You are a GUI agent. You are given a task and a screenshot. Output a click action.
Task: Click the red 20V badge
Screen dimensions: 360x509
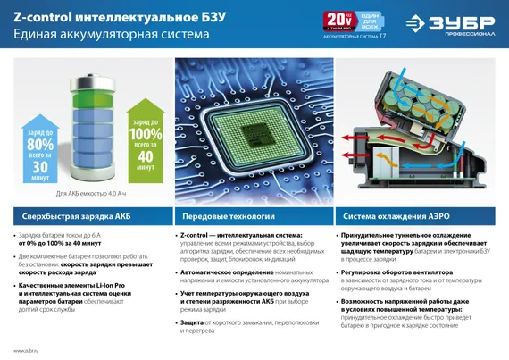337,19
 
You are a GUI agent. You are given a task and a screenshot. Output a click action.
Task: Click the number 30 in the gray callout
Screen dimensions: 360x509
40,167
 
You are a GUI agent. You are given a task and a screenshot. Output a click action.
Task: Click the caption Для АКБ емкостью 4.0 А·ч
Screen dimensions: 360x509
92,194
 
